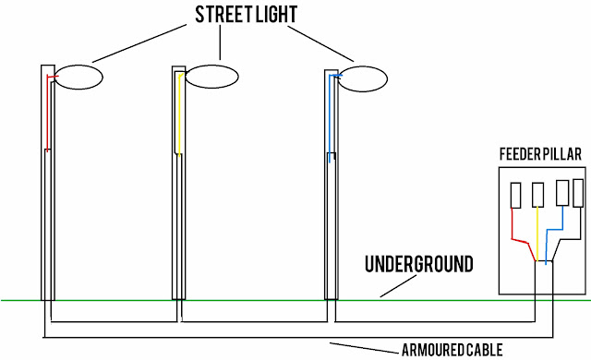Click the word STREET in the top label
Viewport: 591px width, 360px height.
pyautogui.click(x=221, y=16)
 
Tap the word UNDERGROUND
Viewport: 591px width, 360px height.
pyautogui.click(x=418, y=265)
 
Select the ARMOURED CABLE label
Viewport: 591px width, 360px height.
pyautogui.click(x=453, y=351)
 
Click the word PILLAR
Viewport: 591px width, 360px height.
pyautogui.click(x=564, y=155)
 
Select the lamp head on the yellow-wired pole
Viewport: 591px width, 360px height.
pyautogui.click(x=213, y=78)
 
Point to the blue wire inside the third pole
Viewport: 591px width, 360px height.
pyautogui.click(x=330, y=120)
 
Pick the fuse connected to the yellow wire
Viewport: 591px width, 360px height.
pyautogui.click(x=537, y=195)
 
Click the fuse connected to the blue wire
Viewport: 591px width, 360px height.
pyautogui.click(x=562, y=193)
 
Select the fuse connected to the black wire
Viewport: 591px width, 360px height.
pyautogui.click(x=578, y=193)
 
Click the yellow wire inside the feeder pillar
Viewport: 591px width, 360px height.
pyautogui.click(x=537, y=235)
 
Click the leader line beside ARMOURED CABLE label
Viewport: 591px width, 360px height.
pyautogui.click(x=364, y=346)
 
